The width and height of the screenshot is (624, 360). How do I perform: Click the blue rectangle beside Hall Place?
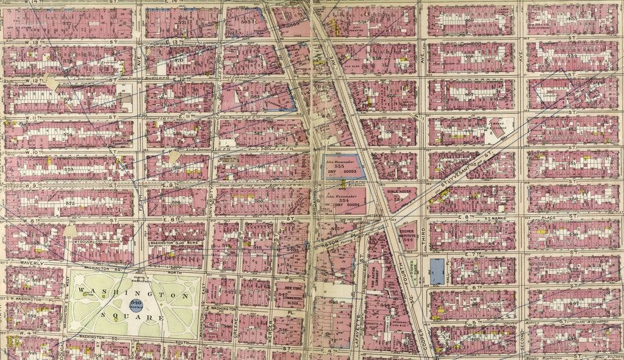pos(437,271)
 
